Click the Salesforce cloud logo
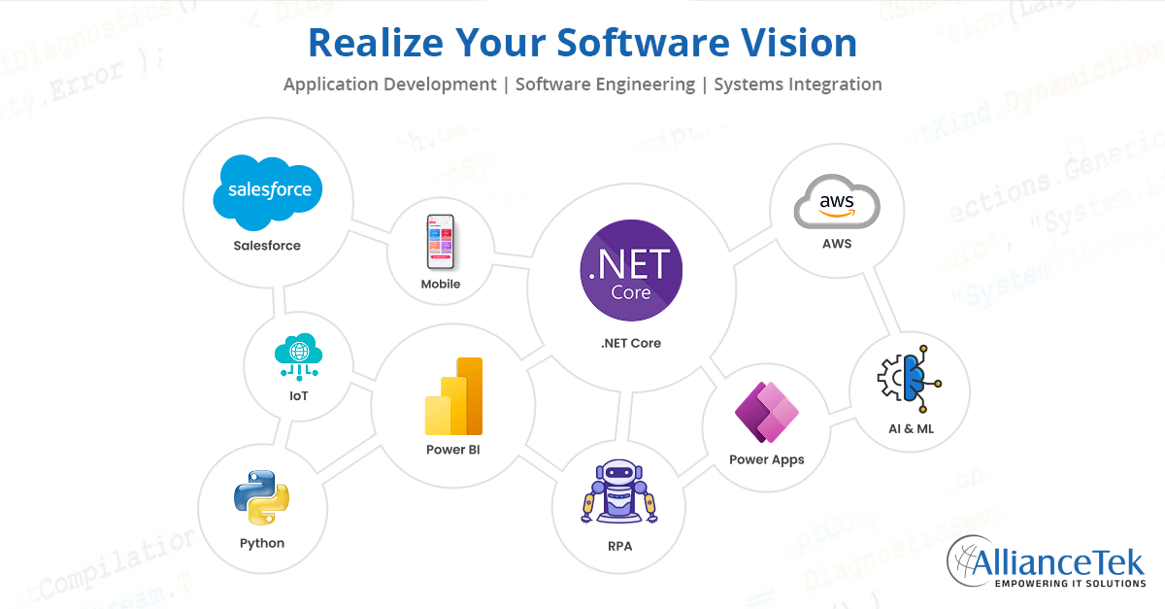click(267, 190)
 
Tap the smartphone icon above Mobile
click(440, 242)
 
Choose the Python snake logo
click(262, 498)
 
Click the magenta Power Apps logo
click(766, 413)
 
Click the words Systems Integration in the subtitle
click(797, 85)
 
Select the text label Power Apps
click(766, 459)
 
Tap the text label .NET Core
click(631, 343)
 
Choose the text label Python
click(262, 543)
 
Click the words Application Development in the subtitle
click(389, 85)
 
